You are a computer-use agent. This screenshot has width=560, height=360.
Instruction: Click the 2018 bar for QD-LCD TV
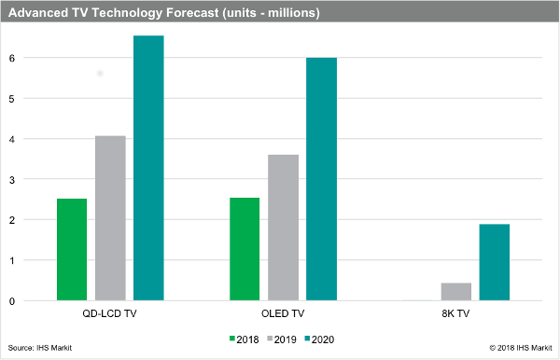(72, 249)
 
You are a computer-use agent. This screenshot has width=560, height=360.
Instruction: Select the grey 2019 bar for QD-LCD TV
(110, 218)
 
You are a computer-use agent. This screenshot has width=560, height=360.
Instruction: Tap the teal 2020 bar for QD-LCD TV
(148, 168)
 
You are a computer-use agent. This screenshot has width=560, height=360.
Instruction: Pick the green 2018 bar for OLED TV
(245, 249)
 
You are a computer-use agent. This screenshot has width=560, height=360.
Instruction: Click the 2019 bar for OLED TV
(283, 228)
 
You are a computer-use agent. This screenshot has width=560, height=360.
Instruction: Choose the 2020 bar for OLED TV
(321, 179)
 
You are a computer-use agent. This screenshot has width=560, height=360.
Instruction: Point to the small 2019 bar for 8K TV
(456, 291)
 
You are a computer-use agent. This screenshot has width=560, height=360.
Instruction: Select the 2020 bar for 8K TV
(495, 262)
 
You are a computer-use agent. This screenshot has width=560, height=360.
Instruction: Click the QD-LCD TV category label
(109, 314)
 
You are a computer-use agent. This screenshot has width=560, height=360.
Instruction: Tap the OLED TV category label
(283, 314)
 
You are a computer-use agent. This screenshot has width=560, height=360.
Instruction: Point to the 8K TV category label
(456, 314)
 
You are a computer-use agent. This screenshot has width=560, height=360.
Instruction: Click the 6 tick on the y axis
(36, 58)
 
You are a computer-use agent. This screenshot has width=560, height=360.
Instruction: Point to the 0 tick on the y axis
(36, 301)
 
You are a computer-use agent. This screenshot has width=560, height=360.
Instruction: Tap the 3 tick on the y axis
(36, 179)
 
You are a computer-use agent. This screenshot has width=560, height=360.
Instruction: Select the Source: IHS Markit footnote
(40, 348)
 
